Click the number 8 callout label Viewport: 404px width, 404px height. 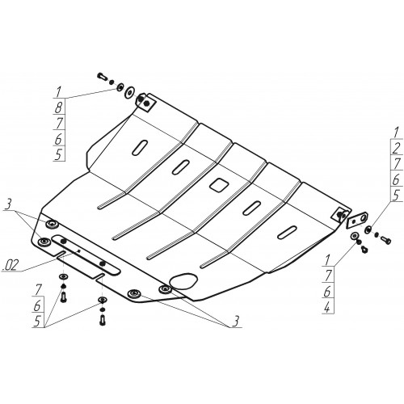click(58, 107)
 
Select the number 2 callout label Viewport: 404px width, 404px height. click(397, 148)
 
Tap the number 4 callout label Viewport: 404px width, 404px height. click(327, 307)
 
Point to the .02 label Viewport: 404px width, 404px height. click(11, 266)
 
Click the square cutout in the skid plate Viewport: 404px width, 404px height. click(219, 185)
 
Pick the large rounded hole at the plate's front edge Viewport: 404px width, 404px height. click(183, 281)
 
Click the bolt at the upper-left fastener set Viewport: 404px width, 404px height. click(103, 77)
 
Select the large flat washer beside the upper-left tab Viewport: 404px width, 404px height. click(130, 92)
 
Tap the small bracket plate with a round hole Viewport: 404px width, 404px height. click(357, 219)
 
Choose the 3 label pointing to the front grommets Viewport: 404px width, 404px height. click(235, 322)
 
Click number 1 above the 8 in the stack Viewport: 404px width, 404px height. click(58, 92)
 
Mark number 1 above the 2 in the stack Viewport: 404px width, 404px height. click(396, 133)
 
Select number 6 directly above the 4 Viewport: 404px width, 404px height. click(327, 292)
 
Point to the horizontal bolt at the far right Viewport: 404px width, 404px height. click(386, 240)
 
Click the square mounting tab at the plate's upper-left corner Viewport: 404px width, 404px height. click(145, 103)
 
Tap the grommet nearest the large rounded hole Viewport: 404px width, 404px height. click(165, 289)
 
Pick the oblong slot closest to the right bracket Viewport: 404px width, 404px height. click(288, 232)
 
